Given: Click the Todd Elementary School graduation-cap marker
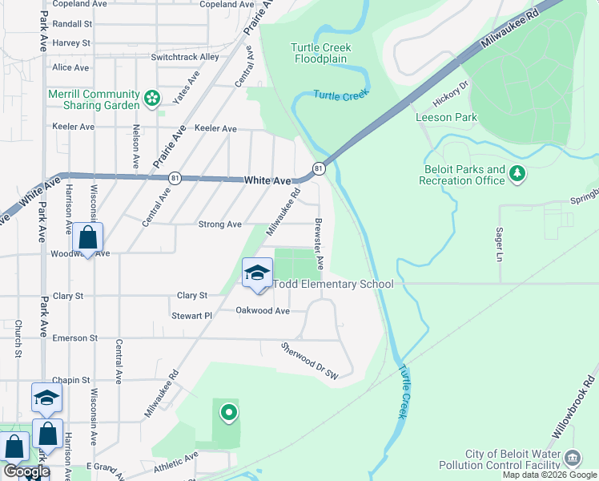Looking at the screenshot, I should tap(257, 273).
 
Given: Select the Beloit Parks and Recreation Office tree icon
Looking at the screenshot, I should tap(517, 172).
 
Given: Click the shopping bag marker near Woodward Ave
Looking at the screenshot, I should tap(87, 238).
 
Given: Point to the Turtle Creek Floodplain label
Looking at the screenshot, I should tap(321, 53).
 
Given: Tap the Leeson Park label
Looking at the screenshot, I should tap(446, 118).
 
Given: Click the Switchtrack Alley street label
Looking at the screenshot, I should tap(185, 58).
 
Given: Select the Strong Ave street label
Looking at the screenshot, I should tap(219, 224).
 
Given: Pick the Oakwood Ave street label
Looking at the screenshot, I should tap(262, 310).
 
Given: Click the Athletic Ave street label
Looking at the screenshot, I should tap(175, 460).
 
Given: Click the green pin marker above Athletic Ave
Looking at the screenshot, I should tap(228, 413).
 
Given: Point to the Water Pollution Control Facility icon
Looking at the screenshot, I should tap(573, 458).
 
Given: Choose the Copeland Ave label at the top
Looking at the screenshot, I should tap(203, 5).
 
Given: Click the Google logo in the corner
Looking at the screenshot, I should tap(26, 471).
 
